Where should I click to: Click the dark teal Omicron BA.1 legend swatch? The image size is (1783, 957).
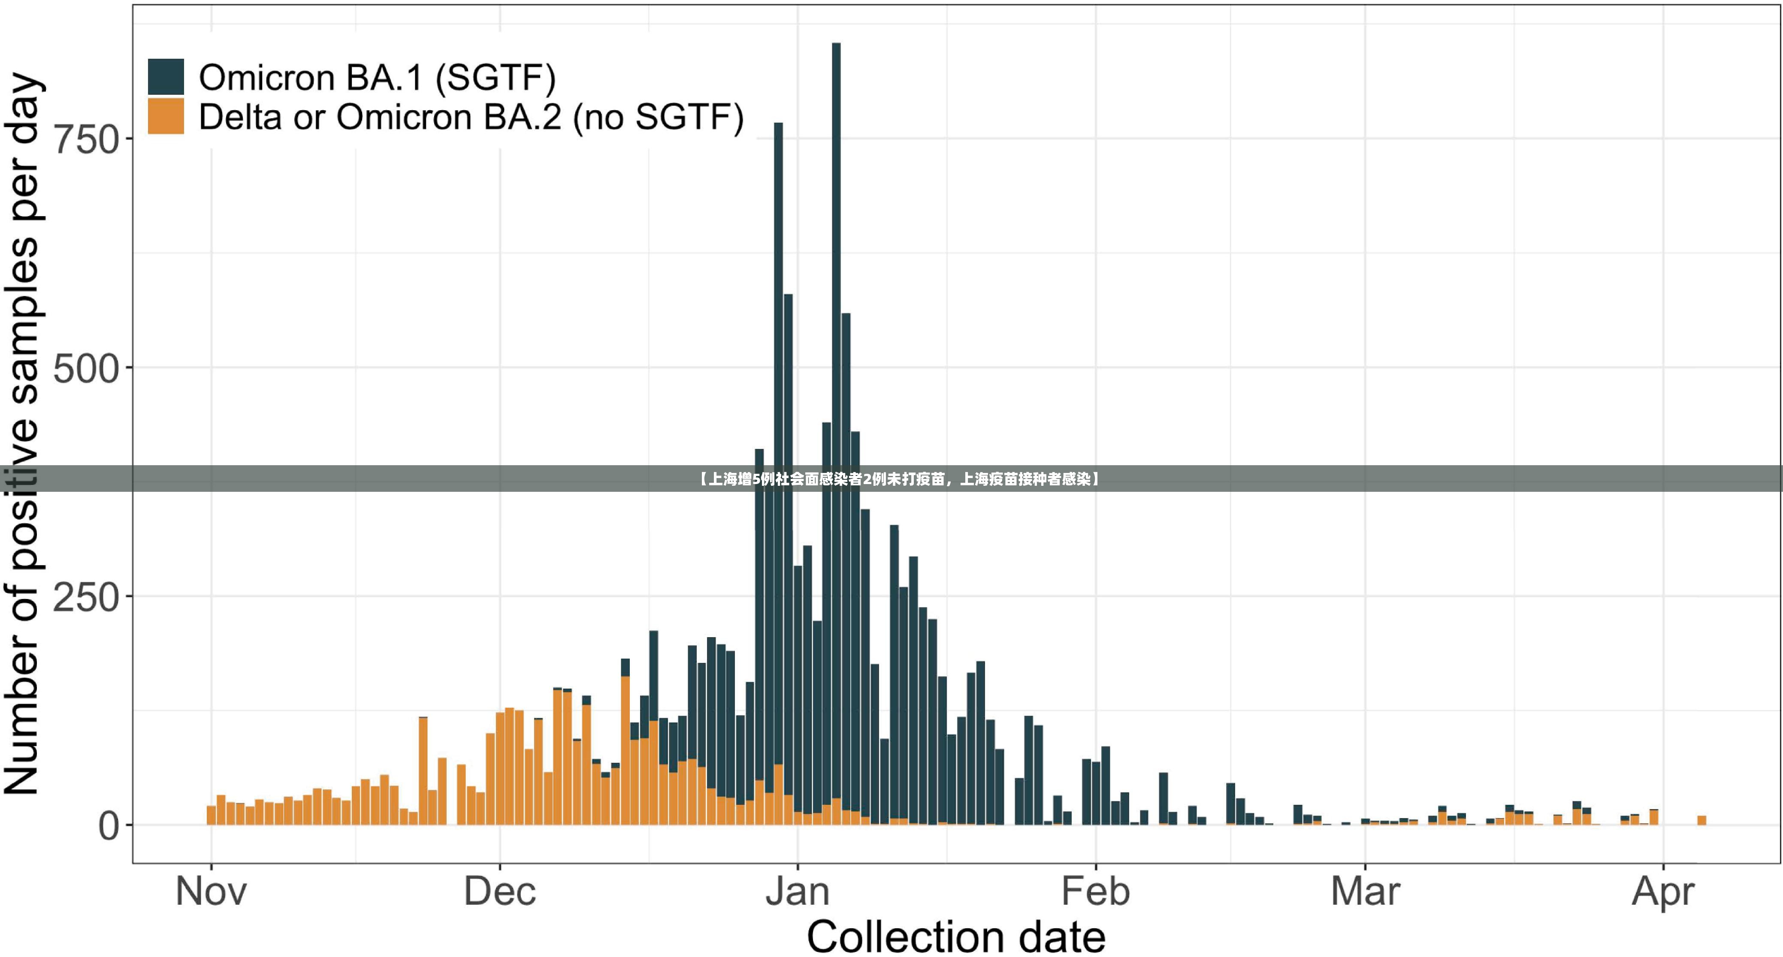point(166,76)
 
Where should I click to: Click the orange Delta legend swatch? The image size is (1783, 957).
point(166,116)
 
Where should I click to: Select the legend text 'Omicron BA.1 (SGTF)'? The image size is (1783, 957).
point(377,78)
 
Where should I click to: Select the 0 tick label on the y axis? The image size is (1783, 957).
point(109,825)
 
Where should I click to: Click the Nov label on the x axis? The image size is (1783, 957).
point(211,891)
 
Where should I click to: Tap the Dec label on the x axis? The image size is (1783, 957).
point(500,891)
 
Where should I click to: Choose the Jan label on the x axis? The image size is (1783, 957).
point(798,891)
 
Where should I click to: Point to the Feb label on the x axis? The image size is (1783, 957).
point(1096,891)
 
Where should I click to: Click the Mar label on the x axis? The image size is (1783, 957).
point(1365,891)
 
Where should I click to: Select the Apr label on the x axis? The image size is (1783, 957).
point(1662,893)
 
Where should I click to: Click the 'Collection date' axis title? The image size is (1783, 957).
point(956,937)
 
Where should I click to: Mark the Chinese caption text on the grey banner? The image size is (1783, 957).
point(898,479)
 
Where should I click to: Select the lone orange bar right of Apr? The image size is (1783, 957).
point(1701,820)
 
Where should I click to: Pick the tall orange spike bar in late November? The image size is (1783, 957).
point(423,771)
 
